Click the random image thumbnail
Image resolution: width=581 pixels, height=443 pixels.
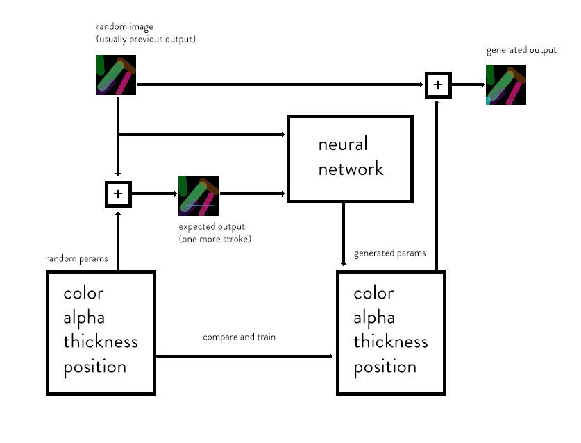point(116,75)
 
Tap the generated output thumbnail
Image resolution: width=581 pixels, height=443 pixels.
point(506,85)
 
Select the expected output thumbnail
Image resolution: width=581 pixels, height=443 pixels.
point(199,195)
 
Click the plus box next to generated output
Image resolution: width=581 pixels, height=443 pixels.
point(438,85)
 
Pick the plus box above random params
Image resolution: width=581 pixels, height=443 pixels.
point(118,194)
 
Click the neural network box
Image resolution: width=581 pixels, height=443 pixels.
point(350,159)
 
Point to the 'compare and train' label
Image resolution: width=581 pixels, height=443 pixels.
point(239,337)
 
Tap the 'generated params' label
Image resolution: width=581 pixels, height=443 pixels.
point(389,253)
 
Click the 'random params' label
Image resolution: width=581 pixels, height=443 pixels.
point(77,259)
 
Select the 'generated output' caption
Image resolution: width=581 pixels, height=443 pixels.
point(521,50)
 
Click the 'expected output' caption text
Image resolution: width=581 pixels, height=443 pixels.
point(212,227)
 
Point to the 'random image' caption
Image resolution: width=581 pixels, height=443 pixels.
point(120,27)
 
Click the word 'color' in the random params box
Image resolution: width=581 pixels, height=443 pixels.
point(83,293)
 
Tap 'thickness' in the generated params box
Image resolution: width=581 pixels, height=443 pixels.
point(391,342)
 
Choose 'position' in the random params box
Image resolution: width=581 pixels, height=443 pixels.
point(94,367)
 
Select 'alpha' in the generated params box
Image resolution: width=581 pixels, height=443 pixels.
point(374,317)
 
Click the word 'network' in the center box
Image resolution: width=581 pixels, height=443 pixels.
point(351,169)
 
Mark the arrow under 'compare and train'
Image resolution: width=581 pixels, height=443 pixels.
point(243,356)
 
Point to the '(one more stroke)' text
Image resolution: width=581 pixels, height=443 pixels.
point(214,239)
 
